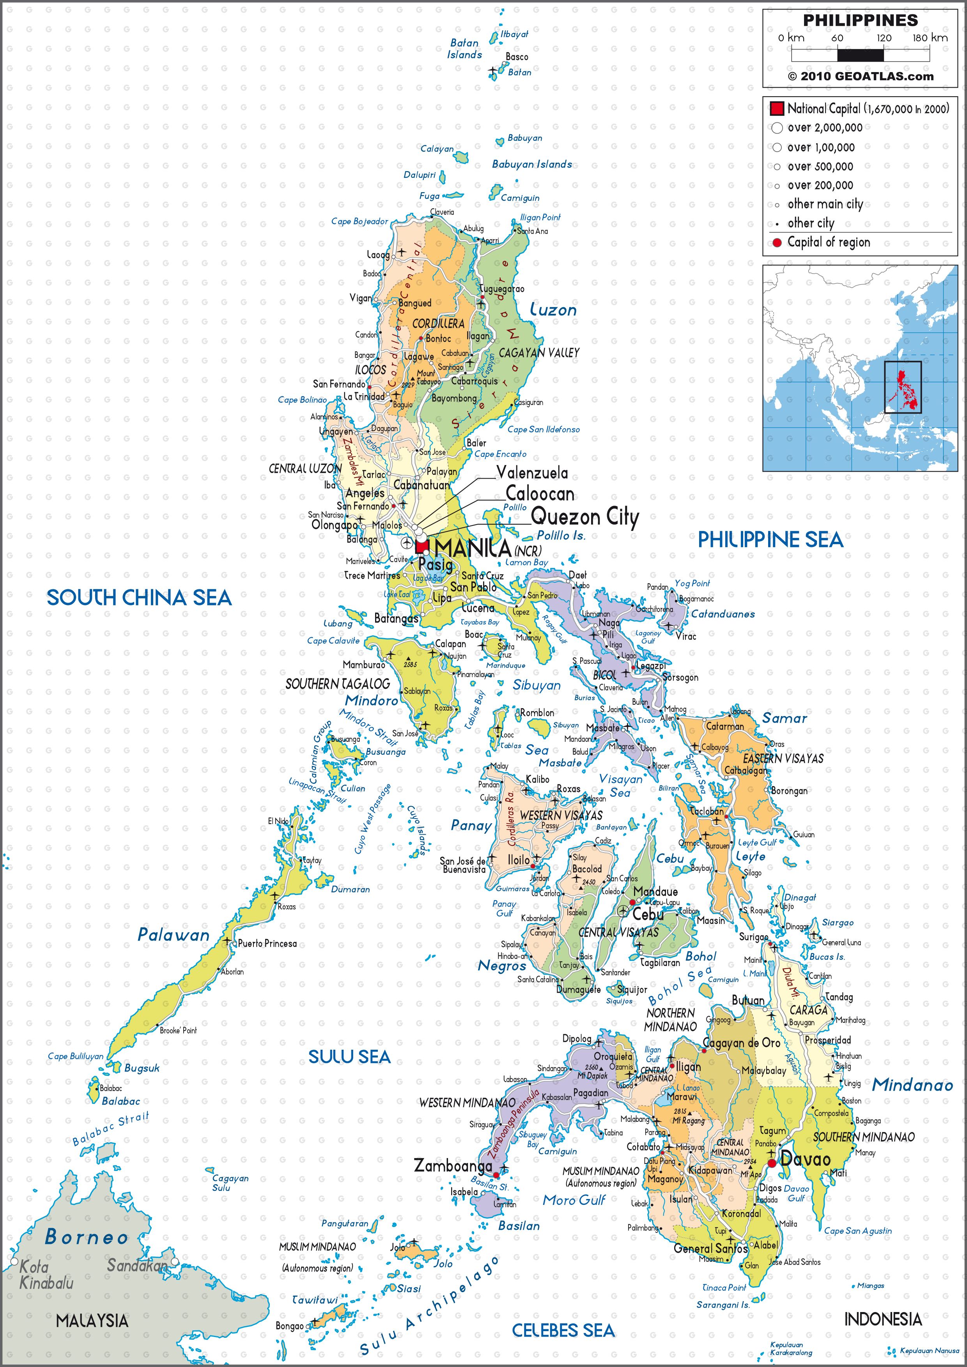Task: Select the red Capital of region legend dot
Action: click(776, 242)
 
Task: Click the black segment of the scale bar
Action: click(861, 55)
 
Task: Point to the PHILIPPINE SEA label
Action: click(770, 539)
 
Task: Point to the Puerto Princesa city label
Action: click(267, 943)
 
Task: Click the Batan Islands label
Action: click(464, 49)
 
